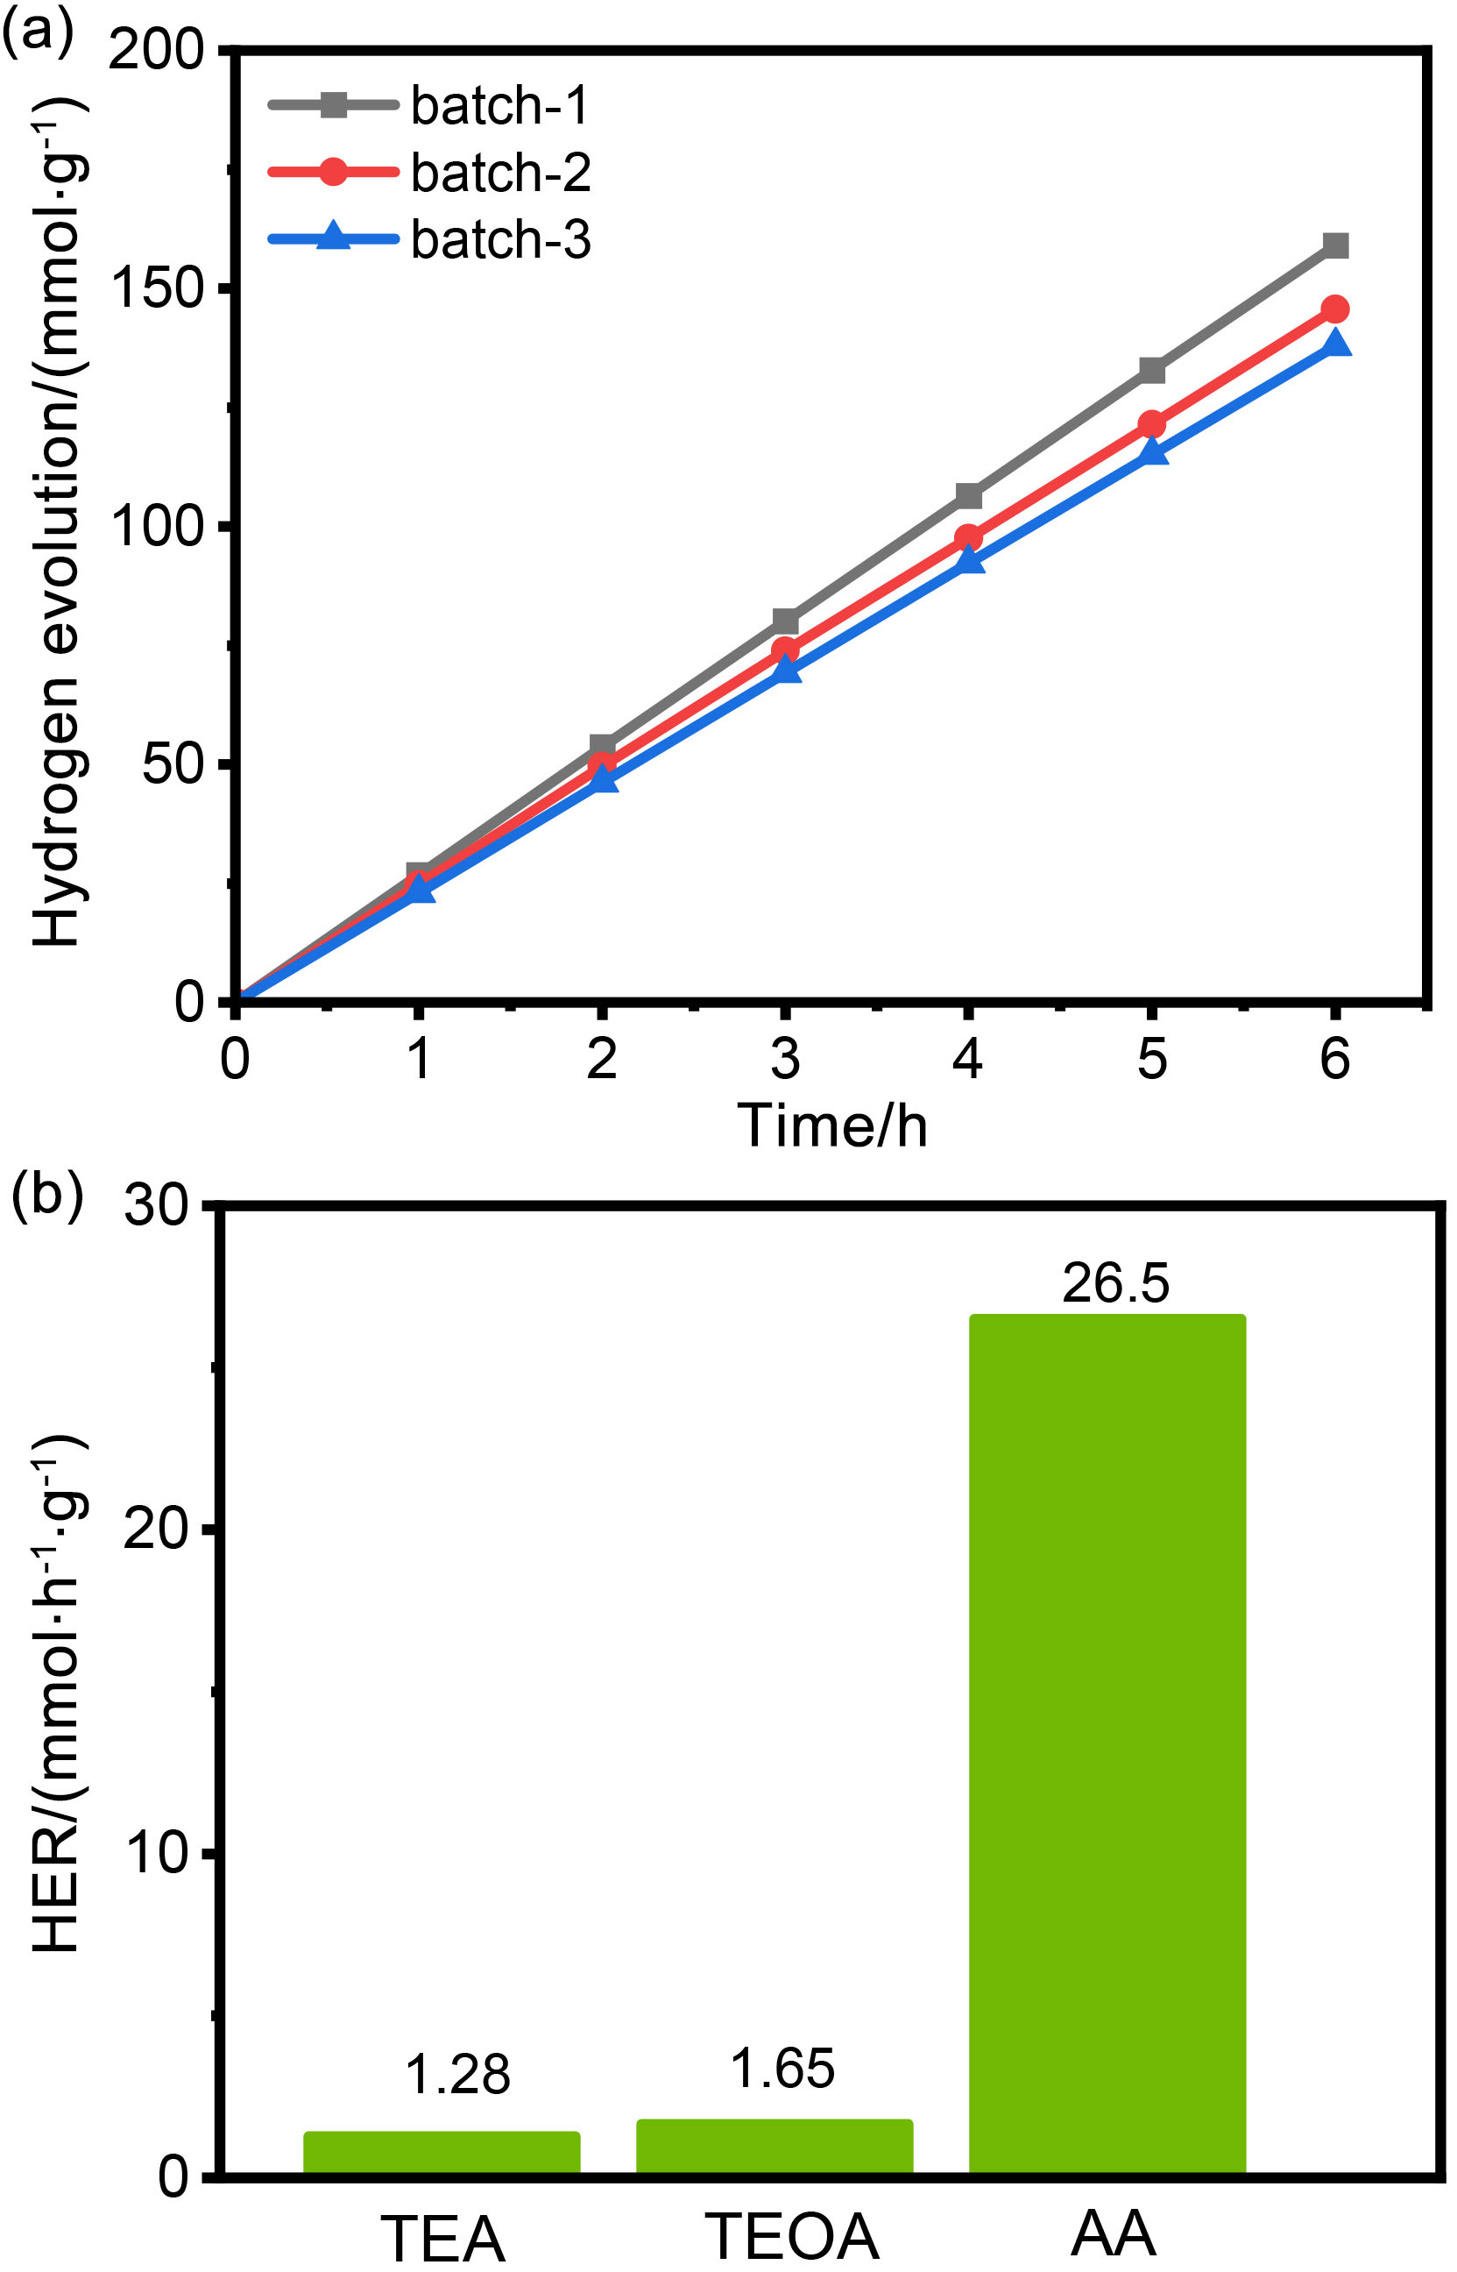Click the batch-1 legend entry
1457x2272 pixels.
(x=499, y=106)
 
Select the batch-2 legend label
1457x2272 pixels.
(x=500, y=174)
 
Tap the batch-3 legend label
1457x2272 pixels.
(x=500, y=240)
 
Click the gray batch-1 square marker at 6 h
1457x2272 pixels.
(x=1335, y=246)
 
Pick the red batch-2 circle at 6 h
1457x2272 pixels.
(x=1335, y=309)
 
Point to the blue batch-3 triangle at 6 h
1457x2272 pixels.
(x=1335, y=343)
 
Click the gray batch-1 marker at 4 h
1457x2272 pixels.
(x=968, y=496)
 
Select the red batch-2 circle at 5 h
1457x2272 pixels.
(x=1151, y=424)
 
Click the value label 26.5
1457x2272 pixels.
(x=1115, y=1284)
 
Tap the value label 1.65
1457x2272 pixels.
(x=782, y=2069)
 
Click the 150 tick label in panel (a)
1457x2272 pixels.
(x=158, y=288)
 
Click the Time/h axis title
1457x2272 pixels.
(x=831, y=1126)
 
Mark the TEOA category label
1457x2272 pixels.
(x=792, y=2237)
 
